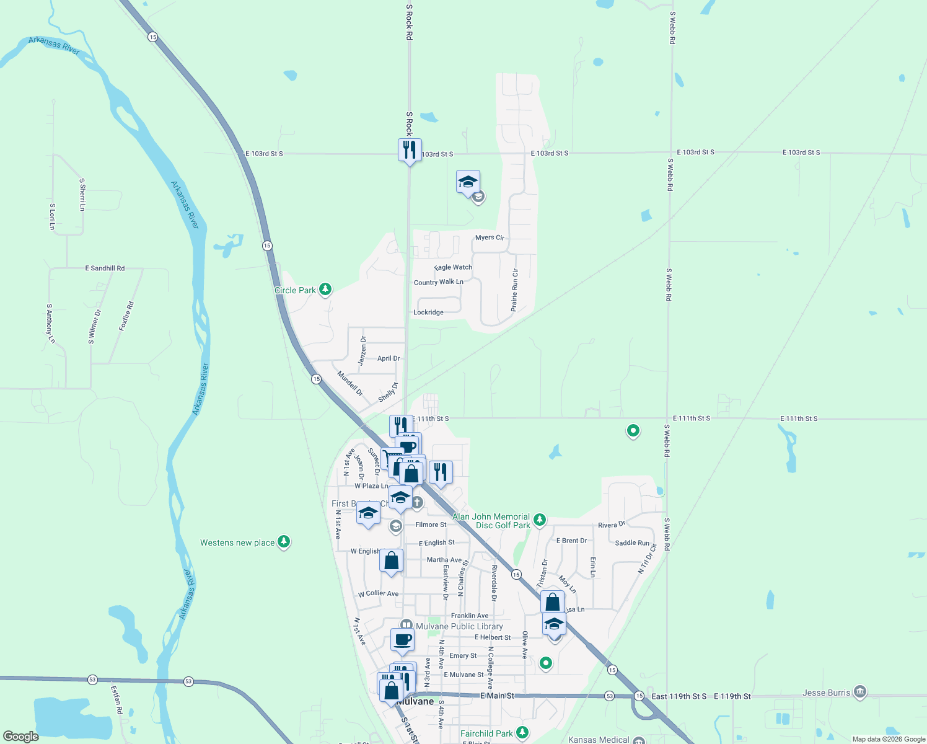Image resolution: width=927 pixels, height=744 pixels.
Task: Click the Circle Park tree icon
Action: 325,290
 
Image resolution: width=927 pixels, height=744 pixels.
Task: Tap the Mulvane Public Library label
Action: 459,626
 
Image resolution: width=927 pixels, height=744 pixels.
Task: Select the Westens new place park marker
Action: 284,542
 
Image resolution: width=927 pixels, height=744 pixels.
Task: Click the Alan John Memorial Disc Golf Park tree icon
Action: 540,520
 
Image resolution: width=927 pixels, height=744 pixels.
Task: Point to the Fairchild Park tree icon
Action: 522,733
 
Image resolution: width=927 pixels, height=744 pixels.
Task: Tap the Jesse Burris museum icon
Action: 859,692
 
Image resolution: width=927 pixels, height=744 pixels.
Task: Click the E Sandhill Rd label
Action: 105,268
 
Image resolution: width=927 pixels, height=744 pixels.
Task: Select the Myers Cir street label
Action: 490,237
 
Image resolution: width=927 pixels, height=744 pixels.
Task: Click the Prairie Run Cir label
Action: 514,290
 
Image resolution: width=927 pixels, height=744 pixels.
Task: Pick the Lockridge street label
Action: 428,312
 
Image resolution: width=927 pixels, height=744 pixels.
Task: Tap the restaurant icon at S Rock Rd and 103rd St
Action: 409,150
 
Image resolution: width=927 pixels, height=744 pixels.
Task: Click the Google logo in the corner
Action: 21,736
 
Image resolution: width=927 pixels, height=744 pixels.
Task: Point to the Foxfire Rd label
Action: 126,316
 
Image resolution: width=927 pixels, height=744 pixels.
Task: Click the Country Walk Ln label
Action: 438,282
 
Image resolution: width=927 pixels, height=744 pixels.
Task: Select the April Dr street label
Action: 389,358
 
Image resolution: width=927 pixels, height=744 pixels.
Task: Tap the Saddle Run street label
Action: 632,542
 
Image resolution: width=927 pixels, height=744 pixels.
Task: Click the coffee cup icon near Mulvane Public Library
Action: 402,639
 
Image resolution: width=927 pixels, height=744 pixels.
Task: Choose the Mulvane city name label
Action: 415,701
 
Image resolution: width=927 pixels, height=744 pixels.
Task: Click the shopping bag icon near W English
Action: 391,561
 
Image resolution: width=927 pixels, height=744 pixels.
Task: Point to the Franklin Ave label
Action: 470,616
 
